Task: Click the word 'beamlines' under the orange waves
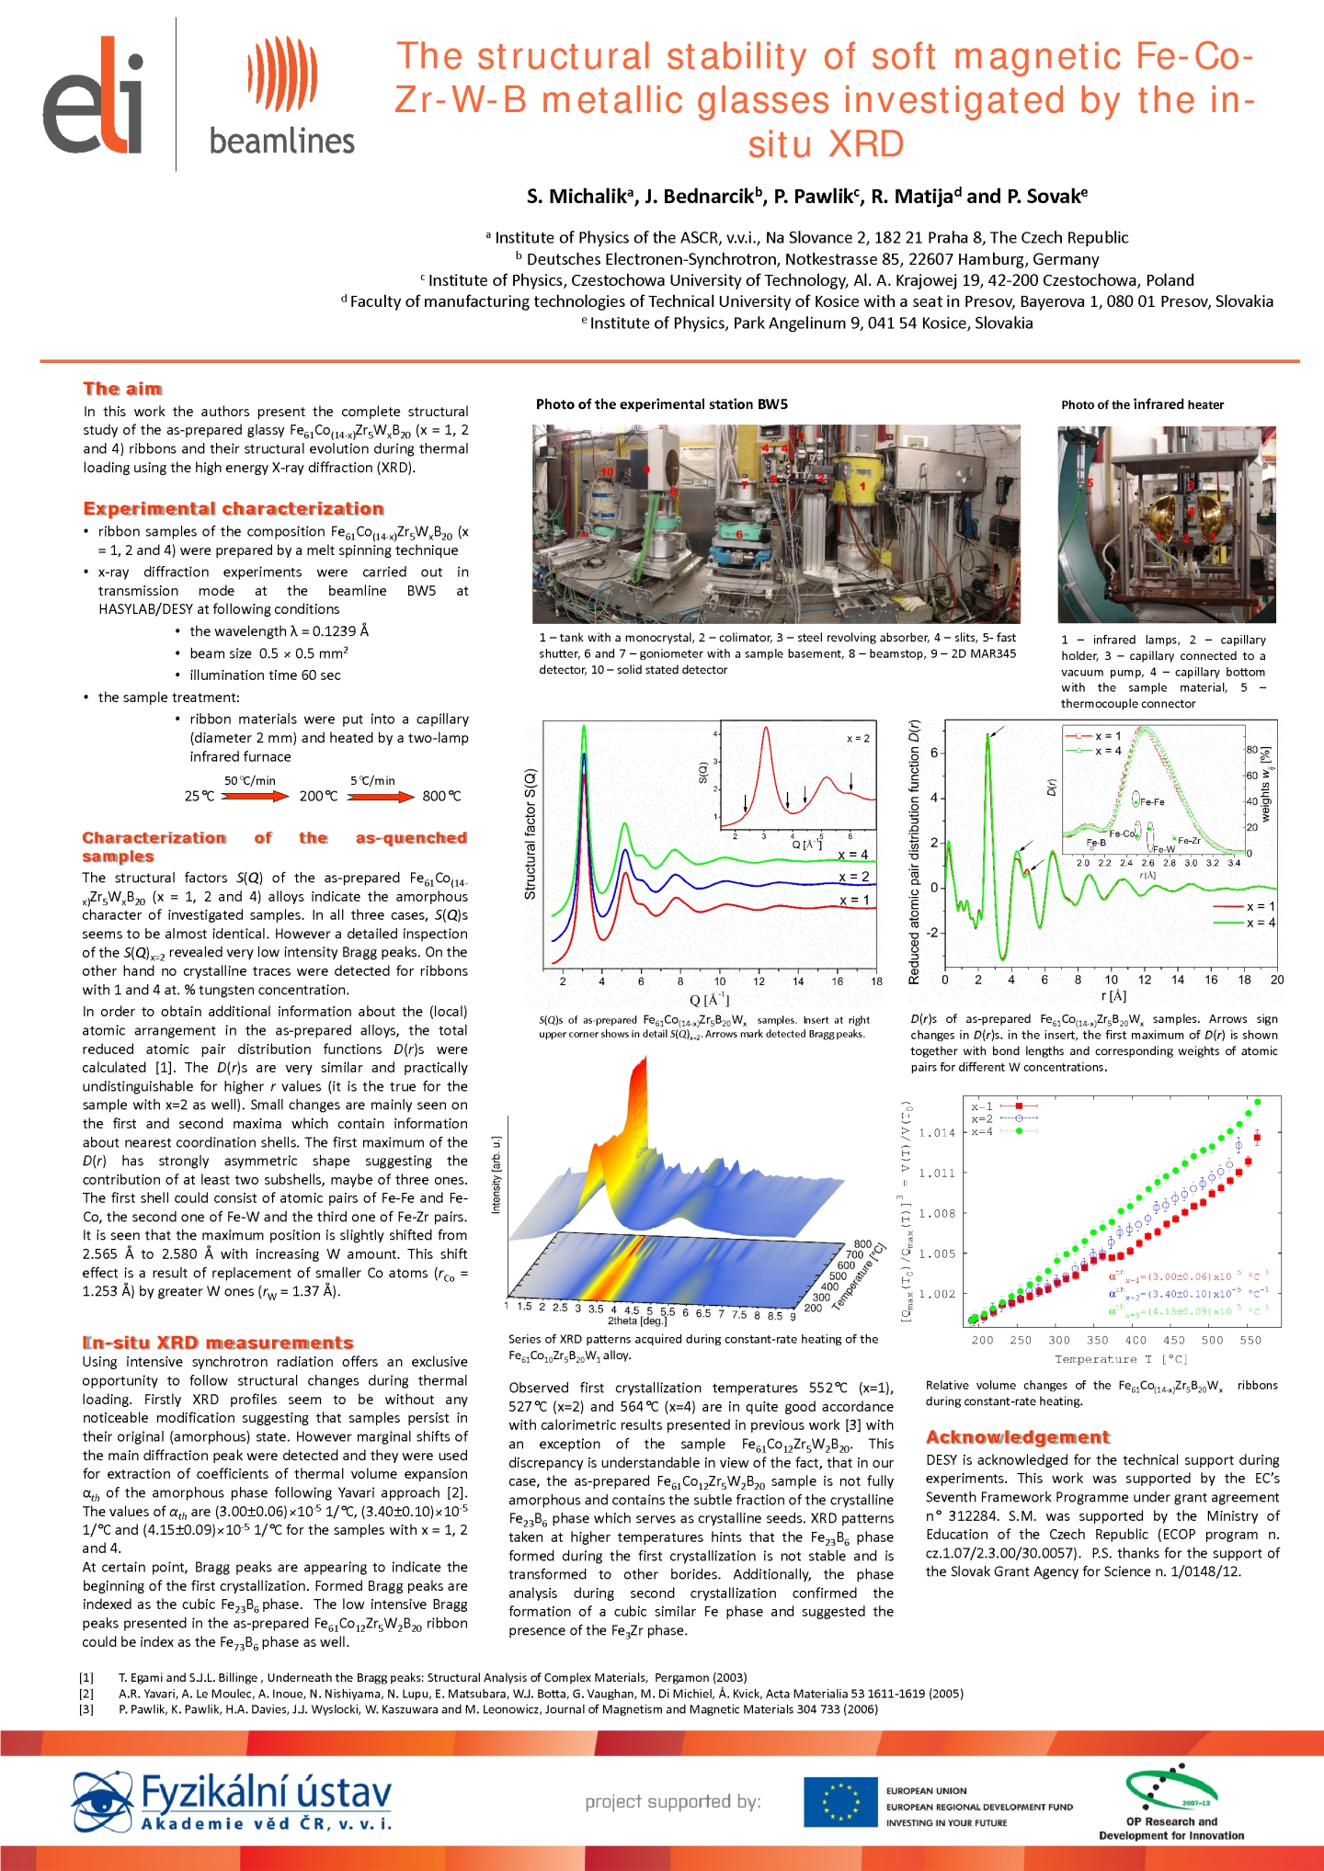281,142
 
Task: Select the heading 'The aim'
122,389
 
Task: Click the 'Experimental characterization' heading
234,509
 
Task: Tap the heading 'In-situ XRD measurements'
218,1343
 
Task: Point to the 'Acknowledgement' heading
1018,1437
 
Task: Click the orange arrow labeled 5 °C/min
381,796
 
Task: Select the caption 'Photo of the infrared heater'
1142,404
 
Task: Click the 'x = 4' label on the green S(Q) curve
853,855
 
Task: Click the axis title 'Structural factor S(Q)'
531,833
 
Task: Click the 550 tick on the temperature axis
1250,1340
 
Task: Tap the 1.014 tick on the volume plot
937,1133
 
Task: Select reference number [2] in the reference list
86,1694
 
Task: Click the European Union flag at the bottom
839,1802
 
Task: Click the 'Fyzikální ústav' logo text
266,1793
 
